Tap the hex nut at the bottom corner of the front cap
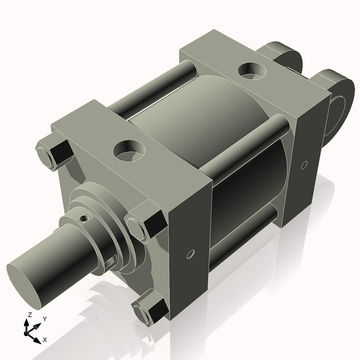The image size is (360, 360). [149, 310]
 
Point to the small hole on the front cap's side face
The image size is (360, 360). [190, 254]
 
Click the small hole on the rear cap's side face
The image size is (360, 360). [304, 164]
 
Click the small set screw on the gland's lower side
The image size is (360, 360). [110, 262]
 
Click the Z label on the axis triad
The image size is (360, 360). [29, 315]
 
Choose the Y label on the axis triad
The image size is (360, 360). [44, 319]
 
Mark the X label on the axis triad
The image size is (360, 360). [45, 340]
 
